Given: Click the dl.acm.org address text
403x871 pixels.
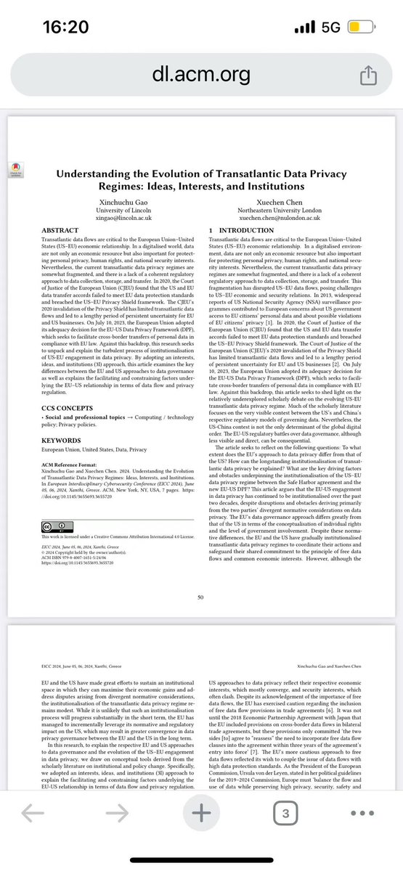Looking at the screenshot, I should pyautogui.click(x=201, y=73).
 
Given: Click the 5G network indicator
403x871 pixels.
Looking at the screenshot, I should pyautogui.click(x=330, y=28).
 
